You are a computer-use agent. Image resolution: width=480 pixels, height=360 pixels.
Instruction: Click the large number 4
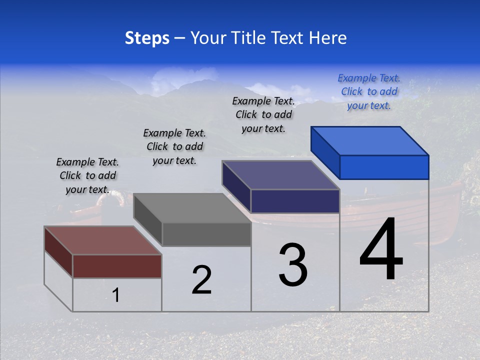[381, 250]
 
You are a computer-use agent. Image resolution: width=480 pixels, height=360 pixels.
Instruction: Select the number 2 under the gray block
[201, 280]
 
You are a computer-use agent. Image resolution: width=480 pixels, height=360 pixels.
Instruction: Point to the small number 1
[115, 295]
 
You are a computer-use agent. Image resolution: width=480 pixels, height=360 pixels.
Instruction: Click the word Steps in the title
[147, 38]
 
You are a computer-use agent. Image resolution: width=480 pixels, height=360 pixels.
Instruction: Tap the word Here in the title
[328, 38]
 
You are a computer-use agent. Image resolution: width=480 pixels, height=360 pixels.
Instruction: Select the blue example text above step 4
[369, 92]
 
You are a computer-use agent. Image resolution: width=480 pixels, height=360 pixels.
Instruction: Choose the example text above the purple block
[263, 114]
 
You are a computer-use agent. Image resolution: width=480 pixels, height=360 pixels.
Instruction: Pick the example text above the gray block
[174, 146]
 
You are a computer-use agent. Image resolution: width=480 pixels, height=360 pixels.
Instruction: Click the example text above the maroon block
[87, 175]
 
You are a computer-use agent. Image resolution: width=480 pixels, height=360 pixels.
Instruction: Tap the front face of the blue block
[384, 167]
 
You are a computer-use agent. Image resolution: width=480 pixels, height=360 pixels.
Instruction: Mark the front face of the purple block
[295, 201]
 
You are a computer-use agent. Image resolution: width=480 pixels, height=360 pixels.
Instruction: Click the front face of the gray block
[206, 234]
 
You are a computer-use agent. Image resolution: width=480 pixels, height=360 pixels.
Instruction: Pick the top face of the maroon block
[103, 240]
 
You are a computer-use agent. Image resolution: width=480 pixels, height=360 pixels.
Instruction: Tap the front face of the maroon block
[117, 266]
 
